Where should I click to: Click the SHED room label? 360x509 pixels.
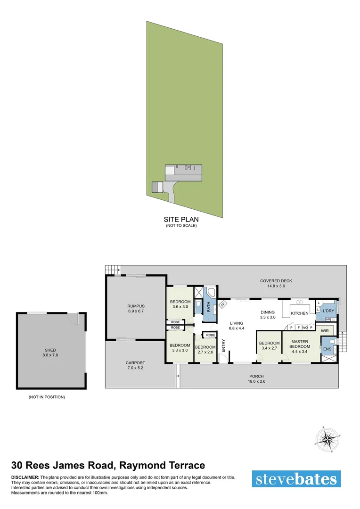click(50, 350)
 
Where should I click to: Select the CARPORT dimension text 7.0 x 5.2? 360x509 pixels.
click(135, 368)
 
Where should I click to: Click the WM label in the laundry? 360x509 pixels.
click(327, 320)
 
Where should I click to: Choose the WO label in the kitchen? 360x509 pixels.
click(305, 327)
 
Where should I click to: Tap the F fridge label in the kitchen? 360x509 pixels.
click(298, 327)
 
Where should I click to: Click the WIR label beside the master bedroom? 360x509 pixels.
click(325, 331)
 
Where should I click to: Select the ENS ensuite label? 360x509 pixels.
click(327, 349)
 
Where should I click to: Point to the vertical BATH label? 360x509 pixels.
click(209, 307)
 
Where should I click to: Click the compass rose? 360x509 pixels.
click(326, 440)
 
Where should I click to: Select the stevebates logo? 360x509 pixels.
click(296, 479)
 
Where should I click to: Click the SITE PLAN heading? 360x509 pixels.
click(181, 219)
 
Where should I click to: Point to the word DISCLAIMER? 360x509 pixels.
click(25, 477)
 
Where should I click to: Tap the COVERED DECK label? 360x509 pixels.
click(276, 281)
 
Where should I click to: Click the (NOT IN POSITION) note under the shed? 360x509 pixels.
click(47, 397)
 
